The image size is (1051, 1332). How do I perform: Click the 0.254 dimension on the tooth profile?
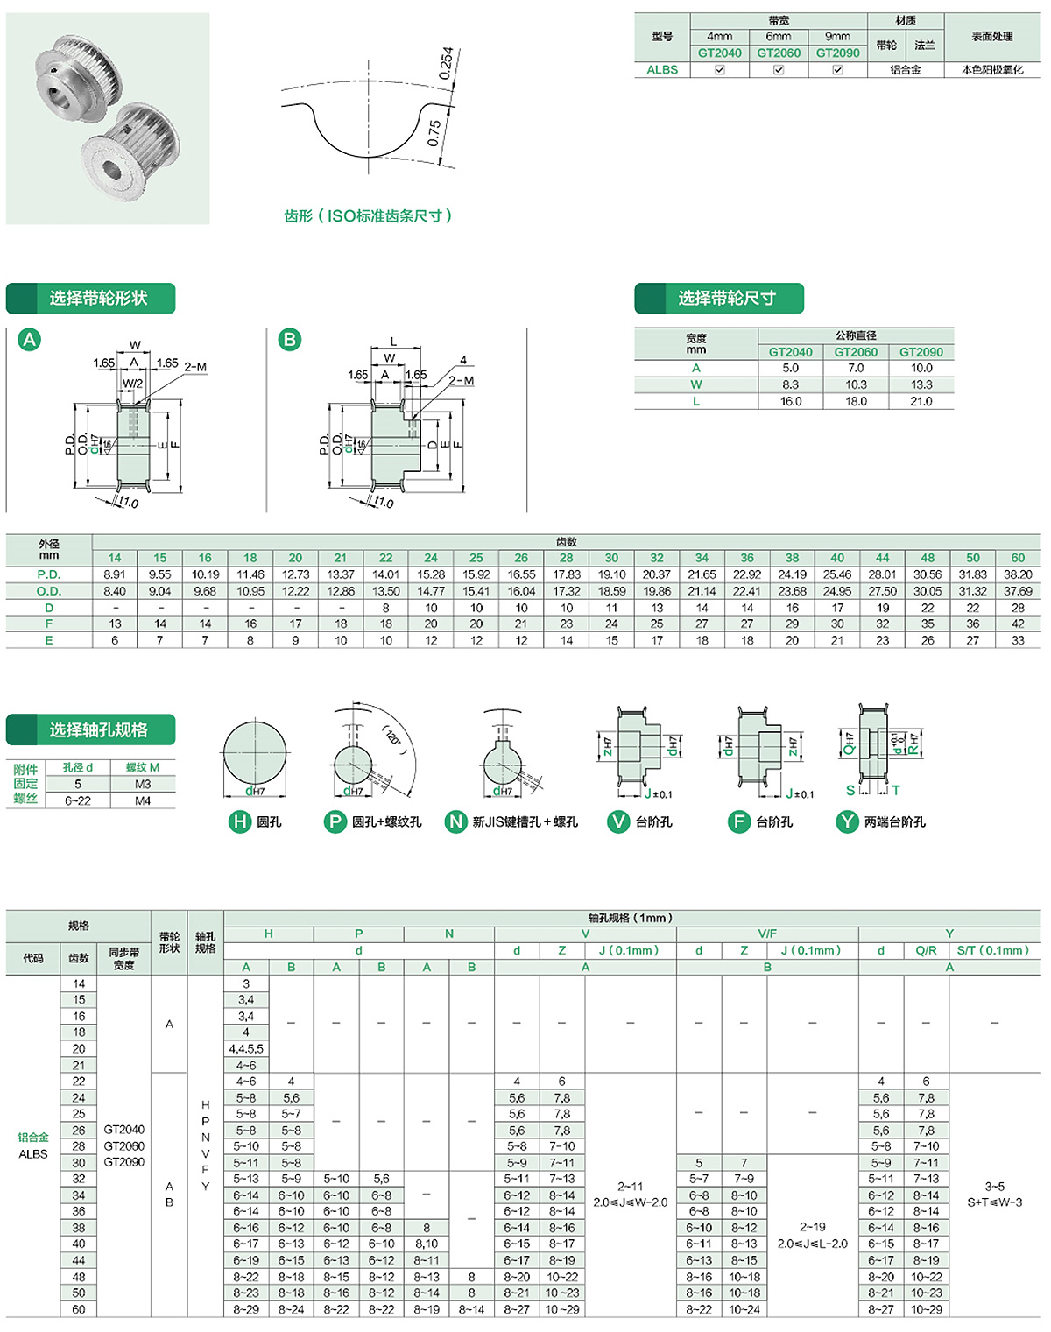coord(446,63)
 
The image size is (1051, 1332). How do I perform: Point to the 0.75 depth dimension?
coord(434,133)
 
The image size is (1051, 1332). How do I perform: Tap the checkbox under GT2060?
coord(779,70)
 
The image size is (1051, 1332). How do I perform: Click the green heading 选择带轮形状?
coord(98,299)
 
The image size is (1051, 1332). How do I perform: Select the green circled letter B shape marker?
coord(290,340)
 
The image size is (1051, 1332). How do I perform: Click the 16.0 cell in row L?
coord(790,401)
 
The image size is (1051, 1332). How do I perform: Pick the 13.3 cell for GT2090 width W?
coord(921,384)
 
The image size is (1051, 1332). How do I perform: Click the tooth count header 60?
coord(1018,558)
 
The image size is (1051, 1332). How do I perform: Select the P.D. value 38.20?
coord(1018,574)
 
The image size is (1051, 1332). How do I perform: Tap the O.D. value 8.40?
coord(115,591)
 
